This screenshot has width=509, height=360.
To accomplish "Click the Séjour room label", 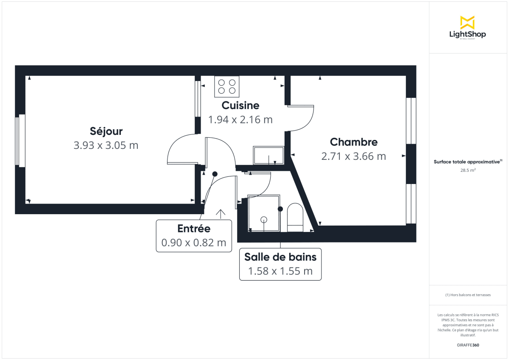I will click(x=106, y=131).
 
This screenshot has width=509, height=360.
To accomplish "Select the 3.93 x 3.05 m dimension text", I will click(x=106, y=145).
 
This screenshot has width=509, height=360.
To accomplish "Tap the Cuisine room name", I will click(x=241, y=105).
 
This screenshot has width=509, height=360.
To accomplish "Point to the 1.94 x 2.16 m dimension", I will click(x=241, y=120).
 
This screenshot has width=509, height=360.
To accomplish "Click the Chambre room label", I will click(x=354, y=142).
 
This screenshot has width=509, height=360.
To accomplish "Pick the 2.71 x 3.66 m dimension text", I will click(x=354, y=156).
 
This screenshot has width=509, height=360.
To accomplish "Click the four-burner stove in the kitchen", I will click(x=227, y=86).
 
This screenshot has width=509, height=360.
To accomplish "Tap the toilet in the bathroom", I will click(x=295, y=217).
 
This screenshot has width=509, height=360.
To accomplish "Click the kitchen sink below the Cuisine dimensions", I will click(x=268, y=156).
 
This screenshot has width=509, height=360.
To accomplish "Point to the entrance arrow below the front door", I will click(x=221, y=213).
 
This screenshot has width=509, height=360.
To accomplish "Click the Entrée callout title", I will click(x=194, y=229).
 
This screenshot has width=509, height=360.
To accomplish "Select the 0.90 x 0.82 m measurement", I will click(x=194, y=243).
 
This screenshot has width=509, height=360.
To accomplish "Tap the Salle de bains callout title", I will click(x=280, y=257).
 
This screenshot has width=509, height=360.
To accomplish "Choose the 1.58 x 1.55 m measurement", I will click(x=280, y=271).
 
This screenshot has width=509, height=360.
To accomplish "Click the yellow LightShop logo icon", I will click(x=467, y=22).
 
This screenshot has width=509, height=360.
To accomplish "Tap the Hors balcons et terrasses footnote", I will click(x=468, y=295).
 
